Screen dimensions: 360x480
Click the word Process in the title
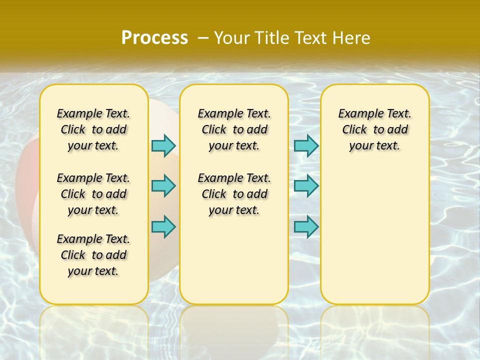[x=154, y=37]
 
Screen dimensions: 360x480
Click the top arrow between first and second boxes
[x=163, y=145]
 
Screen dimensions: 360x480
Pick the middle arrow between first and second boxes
[x=163, y=186]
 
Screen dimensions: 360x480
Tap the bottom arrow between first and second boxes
[x=163, y=226]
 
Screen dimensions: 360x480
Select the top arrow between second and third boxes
[x=306, y=145]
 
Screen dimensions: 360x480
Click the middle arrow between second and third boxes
[x=306, y=186]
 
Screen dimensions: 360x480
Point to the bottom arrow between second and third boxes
[x=306, y=226]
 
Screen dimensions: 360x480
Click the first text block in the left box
[x=93, y=129]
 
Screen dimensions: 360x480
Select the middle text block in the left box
[x=93, y=194]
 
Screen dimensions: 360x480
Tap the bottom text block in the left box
[x=93, y=255]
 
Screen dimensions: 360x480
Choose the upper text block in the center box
[x=234, y=129]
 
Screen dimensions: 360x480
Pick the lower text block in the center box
[x=234, y=194]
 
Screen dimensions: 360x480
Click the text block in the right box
[x=375, y=129]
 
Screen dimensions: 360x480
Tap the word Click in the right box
[x=354, y=130]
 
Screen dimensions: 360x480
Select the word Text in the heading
[x=309, y=37]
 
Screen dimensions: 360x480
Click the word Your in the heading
[x=232, y=37]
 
